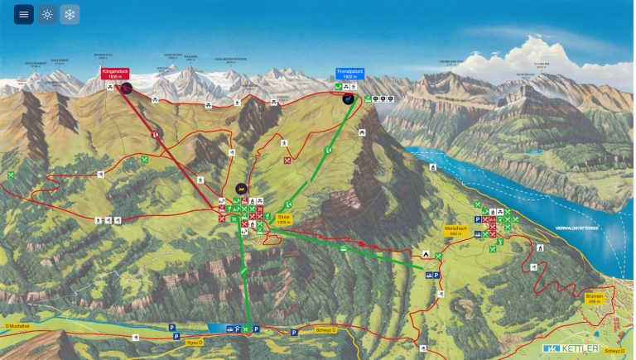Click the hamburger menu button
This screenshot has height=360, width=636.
tap(23, 14)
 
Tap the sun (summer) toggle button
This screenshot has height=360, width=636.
tap(47, 14)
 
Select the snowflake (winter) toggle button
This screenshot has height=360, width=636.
tap(70, 14)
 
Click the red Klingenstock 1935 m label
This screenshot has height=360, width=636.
tap(115, 73)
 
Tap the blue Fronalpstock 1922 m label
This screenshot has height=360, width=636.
tap(349, 73)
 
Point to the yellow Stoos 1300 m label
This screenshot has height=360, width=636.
tap(284, 220)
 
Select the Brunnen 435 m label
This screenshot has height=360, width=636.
tap(594, 299)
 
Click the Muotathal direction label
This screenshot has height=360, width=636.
tap(17, 326)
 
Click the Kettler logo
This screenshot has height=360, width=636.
tap(571, 348)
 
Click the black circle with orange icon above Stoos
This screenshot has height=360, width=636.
tap(241, 188)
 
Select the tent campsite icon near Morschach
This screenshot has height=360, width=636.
tap(426, 255)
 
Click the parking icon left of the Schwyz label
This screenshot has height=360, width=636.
tap(294, 333)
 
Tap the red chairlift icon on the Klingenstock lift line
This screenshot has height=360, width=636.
tap(155, 133)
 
